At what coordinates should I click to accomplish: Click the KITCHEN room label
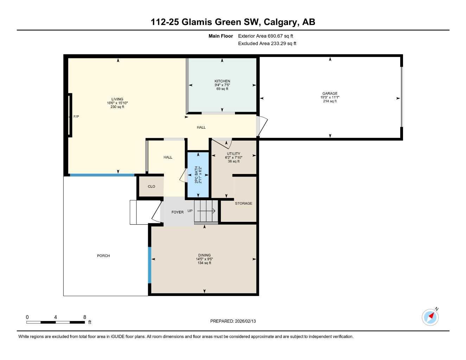pyautogui.click(x=222, y=81)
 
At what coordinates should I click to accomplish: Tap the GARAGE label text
pyautogui.click(x=330, y=94)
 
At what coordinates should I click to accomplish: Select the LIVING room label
pyautogui.click(x=117, y=99)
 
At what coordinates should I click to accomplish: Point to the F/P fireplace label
pyautogui.click(x=76, y=116)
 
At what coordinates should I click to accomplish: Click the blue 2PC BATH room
pyautogui.click(x=198, y=175)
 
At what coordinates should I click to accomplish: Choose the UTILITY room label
pyautogui.click(x=234, y=154)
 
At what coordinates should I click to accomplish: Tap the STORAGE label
pyautogui.click(x=243, y=203)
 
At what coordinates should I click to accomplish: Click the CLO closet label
pyautogui.click(x=151, y=187)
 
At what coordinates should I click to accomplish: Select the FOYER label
pyautogui.click(x=178, y=212)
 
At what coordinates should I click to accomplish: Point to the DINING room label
pyautogui.click(x=204, y=255)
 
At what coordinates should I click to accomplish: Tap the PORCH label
pyautogui.click(x=103, y=256)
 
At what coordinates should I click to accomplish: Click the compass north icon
pyautogui.click(x=430, y=317)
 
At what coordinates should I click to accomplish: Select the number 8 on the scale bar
pyautogui.click(x=85, y=317)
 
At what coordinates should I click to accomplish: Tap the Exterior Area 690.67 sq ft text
pyautogui.click(x=266, y=36)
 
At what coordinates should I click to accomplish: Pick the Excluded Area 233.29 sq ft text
pyautogui.click(x=267, y=44)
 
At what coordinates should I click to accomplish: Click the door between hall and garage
pyautogui.click(x=261, y=126)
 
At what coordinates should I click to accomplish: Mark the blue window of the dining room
pyautogui.click(x=149, y=265)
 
